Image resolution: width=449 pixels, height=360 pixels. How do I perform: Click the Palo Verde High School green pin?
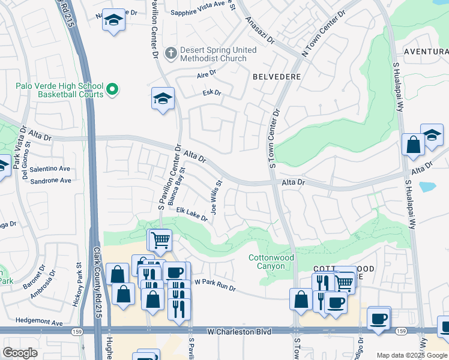112,91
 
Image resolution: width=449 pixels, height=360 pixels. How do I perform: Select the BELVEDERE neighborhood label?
276,77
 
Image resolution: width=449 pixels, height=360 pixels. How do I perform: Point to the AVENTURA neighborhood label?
426,52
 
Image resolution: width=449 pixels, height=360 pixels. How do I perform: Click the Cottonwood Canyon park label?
271,262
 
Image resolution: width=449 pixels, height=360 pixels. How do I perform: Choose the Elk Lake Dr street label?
192,214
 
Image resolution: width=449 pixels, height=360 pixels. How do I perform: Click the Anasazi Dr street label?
259,31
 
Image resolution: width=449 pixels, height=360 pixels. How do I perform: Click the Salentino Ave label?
50,169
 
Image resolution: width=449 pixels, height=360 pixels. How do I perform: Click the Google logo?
20,353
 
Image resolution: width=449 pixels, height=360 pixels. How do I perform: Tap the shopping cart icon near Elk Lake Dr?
160,240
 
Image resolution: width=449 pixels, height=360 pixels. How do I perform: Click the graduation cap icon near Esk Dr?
163,98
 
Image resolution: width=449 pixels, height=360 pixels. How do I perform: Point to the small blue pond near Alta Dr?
428,187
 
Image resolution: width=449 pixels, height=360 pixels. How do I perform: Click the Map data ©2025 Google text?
412,355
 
